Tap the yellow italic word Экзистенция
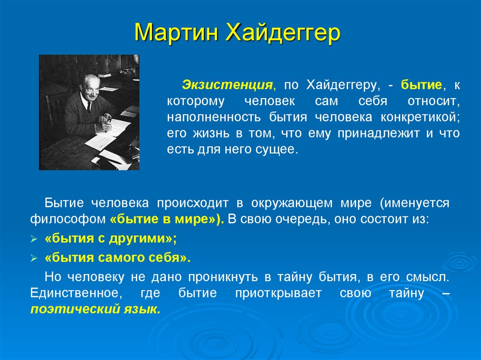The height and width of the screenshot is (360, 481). [x=227, y=84]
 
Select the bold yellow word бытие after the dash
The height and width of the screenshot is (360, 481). [x=421, y=84]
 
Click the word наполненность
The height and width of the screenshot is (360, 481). [x=214, y=117]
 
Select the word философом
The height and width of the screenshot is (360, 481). [x=68, y=219]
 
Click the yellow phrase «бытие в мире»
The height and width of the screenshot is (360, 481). [x=164, y=219]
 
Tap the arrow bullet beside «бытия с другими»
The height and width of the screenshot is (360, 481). [x=34, y=239]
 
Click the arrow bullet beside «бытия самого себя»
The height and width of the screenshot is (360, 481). [x=34, y=259]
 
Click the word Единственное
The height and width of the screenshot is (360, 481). [x=76, y=293]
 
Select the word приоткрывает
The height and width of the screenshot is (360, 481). [x=278, y=293]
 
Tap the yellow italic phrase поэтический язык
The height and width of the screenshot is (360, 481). [x=95, y=309]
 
